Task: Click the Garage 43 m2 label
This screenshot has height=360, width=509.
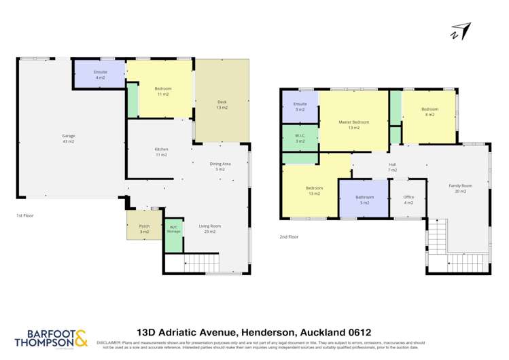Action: [68, 138]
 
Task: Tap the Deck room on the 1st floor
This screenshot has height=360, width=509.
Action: [222, 105]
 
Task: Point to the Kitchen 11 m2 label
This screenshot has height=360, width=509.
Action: [161, 151]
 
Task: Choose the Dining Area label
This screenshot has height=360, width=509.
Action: [220, 166]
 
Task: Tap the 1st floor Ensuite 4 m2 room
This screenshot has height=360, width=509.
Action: [100, 74]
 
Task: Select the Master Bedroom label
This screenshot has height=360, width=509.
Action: [354, 124]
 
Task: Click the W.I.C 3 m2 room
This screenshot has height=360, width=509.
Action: [300, 138]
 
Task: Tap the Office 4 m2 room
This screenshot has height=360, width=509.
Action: [408, 200]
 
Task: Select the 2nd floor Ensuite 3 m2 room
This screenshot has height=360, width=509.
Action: [300, 106]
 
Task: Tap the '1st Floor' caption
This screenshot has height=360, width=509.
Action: [25, 215]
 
